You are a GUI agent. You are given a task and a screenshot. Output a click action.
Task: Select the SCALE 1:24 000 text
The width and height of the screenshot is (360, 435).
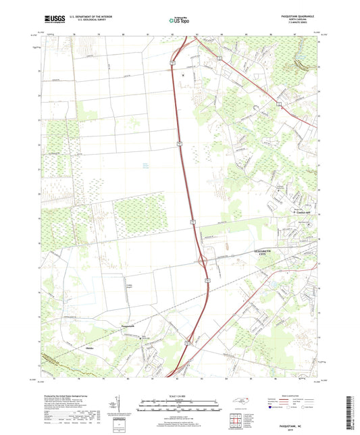(180, 396)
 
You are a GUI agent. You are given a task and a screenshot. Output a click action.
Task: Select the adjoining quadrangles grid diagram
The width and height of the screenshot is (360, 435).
(236, 420)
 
